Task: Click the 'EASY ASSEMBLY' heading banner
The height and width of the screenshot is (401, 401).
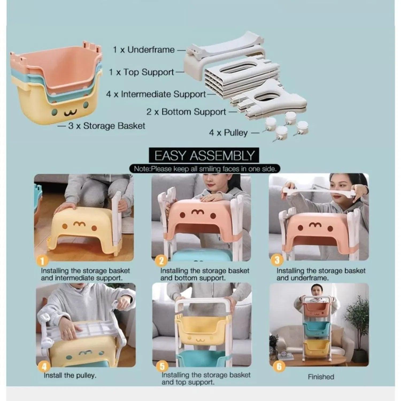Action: (x=204, y=156)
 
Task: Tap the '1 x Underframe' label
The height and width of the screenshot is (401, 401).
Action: (x=144, y=50)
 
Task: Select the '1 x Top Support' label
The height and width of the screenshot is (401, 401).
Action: (x=141, y=72)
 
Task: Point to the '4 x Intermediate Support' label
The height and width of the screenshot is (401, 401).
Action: (x=156, y=94)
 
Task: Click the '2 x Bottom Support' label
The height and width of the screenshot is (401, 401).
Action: (x=186, y=112)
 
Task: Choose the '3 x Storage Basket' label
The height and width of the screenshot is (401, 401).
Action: (x=106, y=126)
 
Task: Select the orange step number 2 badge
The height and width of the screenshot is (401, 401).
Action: (x=161, y=261)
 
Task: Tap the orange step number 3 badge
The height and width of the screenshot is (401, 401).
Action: (x=277, y=260)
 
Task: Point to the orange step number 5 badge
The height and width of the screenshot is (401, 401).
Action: (x=162, y=367)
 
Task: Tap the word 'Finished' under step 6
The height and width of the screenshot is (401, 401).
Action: (x=321, y=377)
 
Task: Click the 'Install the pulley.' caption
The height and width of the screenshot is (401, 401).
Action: (x=70, y=375)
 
